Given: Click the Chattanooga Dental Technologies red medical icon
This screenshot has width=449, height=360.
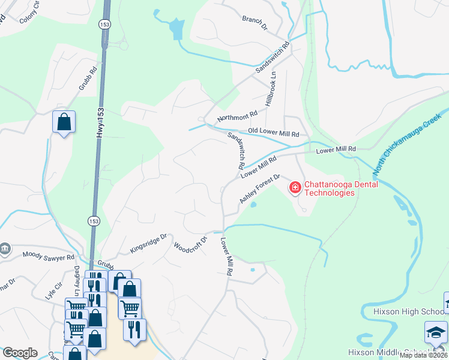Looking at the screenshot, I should coord(295,188).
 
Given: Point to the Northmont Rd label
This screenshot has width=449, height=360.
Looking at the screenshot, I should coord(237,115).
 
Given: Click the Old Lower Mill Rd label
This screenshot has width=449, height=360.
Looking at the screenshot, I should coord(273,133).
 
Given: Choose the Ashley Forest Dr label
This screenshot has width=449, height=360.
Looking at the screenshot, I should coord(261,188).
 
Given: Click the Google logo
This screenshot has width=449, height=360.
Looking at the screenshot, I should coord(20,352).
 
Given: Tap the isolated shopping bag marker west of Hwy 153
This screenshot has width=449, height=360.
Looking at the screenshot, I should coord(64,122).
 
